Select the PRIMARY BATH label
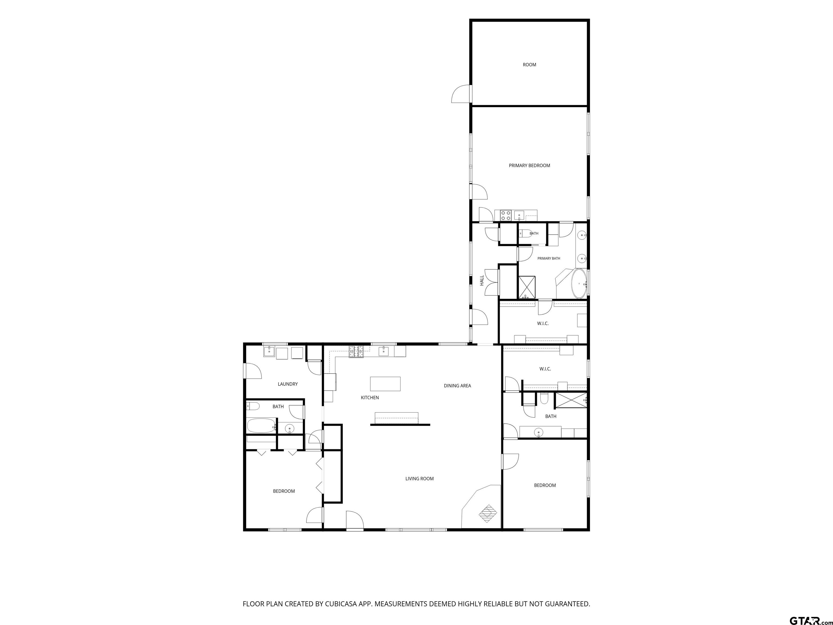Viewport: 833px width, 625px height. click(549, 259)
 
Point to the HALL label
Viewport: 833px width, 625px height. click(482, 280)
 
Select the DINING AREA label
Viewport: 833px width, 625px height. click(457, 386)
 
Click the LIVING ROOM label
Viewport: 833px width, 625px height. click(419, 479)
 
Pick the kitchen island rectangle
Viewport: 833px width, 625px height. click(385, 384)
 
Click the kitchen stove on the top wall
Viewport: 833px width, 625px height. click(356, 352)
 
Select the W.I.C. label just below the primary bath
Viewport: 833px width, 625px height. click(543, 324)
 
